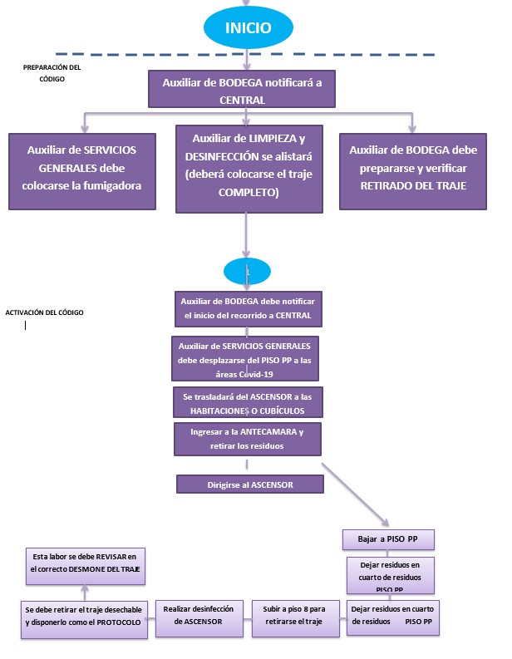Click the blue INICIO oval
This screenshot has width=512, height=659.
pyautogui.click(x=248, y=27)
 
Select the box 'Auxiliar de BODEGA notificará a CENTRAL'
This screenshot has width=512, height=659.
pyautogui.click(x=242, y=91)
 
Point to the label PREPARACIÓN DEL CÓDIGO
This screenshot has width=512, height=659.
pyautogui.click(x=52, y=72)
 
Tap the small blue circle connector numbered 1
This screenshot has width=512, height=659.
pyautogui.click(x=247, y=271)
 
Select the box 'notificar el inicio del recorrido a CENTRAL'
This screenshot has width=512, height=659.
pyautogui.click(x=247, y=308)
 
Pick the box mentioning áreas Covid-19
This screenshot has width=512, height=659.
pyautogui.click(x=247, y=359)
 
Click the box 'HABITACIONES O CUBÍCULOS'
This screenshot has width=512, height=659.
pyautogui.click(x=247, y=403)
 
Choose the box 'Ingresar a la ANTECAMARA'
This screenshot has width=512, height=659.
pyautogui.click(x=247, y=439)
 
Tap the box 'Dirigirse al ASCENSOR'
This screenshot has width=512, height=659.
pyautogui.click(x=247, y=484)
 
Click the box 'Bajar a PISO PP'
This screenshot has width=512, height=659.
pyautogui.click(x=388, y=539)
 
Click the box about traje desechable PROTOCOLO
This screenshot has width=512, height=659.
pyautogui.click(x=83, y=616)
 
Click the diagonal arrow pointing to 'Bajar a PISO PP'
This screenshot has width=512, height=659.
pyautogui.click(x=352, y=494)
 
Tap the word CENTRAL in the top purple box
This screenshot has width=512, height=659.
pyautogui.click(x=242, y=100)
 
